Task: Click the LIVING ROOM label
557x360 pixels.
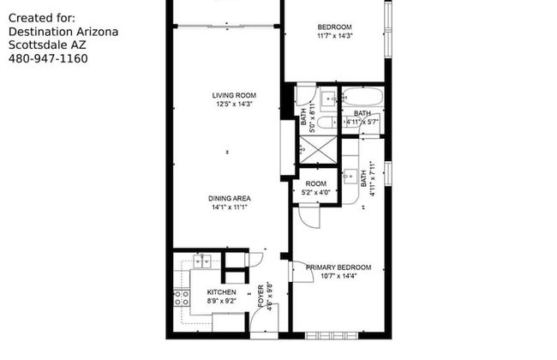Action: pyautogui.click(x=234, y=95)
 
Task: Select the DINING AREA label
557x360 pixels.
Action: pyautogui.click(x=229, y=198)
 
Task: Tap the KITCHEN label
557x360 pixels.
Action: pyautogui.click(x=220, y=292)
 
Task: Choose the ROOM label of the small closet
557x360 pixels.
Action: pyautogui.click(x=316, y=184)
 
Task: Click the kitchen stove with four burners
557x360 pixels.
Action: pyautogui.click(x=182, y=297)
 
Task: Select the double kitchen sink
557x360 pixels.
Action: pyautogui.click(x=202, y=261)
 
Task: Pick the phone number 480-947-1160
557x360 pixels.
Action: pyautogui.click(x=47, y=58)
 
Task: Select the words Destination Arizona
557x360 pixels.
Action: pyautogui.click(x=63, y=31)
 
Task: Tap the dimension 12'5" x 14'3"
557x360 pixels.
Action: pyautogui.click(x=236, y=105)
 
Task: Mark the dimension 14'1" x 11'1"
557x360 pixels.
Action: pyautogui.click(x=229, y=207)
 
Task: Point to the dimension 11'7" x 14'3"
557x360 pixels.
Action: pyautogui.click(x=334, y=35)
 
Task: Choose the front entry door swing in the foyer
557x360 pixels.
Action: pyautogui.click(x=258, y=321)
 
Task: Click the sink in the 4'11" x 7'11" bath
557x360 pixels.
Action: pyautogui.click(x=350, y=175)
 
